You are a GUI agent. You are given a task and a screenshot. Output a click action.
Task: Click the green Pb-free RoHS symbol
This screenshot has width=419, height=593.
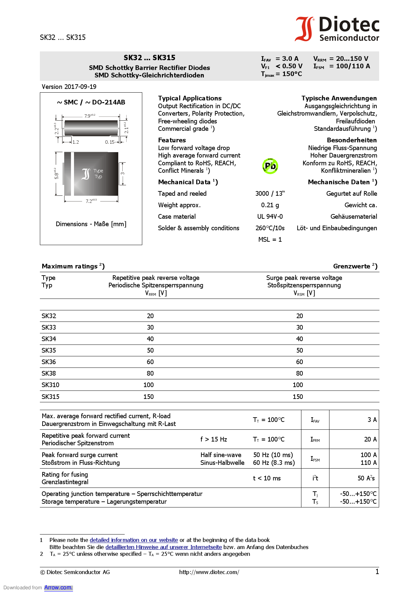click(270, 166)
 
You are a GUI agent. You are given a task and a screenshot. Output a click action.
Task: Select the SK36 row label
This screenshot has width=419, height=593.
click(49, 362)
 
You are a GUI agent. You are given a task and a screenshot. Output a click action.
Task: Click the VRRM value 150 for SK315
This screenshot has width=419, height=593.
click(148, 397)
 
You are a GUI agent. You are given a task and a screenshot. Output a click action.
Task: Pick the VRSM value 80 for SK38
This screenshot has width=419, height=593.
click(299, 373)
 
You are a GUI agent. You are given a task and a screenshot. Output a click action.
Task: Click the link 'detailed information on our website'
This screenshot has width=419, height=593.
click(133, 540)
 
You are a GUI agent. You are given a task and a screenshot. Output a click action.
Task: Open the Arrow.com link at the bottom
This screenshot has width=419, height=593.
click(58, 587)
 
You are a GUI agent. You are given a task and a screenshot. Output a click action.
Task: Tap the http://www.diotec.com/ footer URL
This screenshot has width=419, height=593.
click(209, 572)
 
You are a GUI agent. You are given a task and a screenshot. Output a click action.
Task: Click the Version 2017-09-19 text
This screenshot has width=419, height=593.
click(69, 87)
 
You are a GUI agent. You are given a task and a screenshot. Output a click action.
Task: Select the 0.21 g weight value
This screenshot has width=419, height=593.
click(270, 205)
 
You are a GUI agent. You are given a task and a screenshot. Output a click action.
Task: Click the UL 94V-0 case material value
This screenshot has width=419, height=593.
click(270, 216)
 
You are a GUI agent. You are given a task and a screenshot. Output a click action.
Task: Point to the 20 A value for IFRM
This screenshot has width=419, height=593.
click(370, 439)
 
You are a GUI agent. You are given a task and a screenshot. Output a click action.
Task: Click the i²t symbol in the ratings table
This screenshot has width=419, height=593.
click(315, 478)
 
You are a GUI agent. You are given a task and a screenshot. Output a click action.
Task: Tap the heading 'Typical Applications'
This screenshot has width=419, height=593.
click(190, 98)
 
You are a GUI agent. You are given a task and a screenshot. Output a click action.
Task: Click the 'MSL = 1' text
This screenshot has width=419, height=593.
click(270, 239)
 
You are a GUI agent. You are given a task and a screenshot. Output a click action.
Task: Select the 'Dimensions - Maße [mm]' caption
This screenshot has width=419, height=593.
click(91, 224)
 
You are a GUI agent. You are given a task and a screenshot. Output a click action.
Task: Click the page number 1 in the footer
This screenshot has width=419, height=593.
click(377, 572)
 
